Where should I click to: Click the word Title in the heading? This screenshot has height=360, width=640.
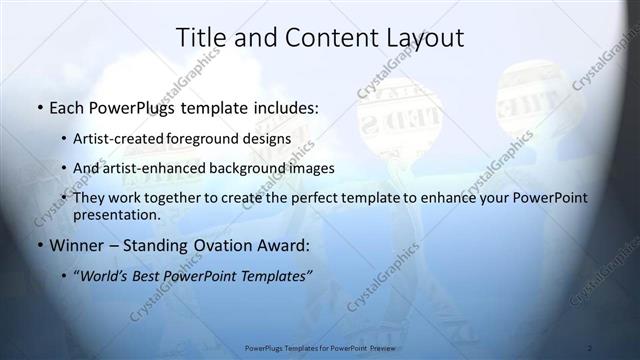(199, 38)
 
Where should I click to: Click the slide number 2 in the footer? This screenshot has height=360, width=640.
(590, 348)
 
